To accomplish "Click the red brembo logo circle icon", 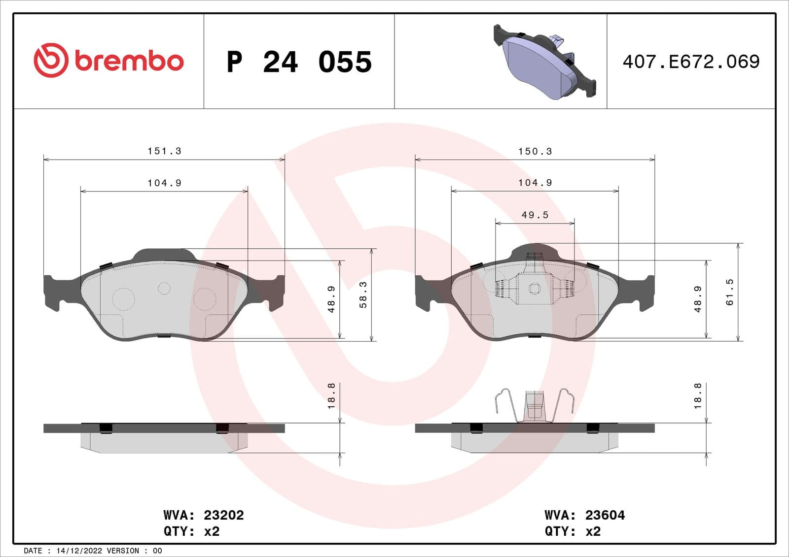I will pos(50,60).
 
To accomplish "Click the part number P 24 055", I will pos(299,62).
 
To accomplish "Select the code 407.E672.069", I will pos(691,62).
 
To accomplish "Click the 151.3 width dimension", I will pos(164,151).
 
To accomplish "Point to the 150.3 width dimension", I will pos(535,152).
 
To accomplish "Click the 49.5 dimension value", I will pos(535,215).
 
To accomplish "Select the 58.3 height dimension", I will pos(363,295).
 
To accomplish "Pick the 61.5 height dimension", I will pos(730,292).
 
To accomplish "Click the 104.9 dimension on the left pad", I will pos(164,183).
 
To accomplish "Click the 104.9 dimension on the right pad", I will pos(535,183).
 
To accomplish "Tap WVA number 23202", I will pos(223,515).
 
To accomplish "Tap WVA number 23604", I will pos(605,515).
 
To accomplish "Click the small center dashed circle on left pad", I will pos(164,288).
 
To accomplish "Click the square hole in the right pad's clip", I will pos(534,289).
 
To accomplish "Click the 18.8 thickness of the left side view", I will pos(331,396).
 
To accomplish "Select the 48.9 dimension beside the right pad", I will pos(698,299).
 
